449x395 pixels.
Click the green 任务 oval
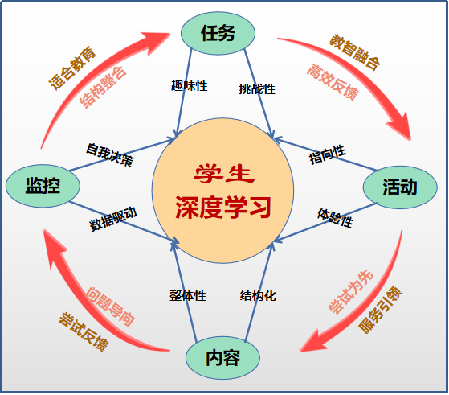pyautogui.click(x=218, y=33)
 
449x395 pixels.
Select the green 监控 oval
pyautogui.click(x=43, y=186)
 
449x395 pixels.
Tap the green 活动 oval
pyautogui.click(x=400, y=187)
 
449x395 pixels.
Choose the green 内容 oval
pyautogui.click(x=222, y=358)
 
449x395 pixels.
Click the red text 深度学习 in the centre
pyautogui.click(x=223, y=207)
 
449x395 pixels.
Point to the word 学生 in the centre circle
pyautogui.click(x=224, y=174)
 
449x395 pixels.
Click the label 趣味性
pyautogui.click(x=189, y=86)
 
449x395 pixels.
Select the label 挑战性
pyautogui.click(x=257, y=89)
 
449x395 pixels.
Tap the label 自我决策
pyautogui.click(x=110, y=155)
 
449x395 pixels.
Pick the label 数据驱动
pyautogui.click(x=113, y=219)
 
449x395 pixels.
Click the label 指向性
pyautogui.click(x=327, y=154)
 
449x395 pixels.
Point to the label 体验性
pyautogui.click(x=335, y=218)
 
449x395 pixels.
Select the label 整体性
pyautogui.click(x=188, y=295)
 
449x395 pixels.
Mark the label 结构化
pyautogui.click(x=258, y=295)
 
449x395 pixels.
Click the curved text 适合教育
pyautogui.click(x=72, y=68)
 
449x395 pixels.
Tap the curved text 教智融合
pyautogui.click(x=355, y=52)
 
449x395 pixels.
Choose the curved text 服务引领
pyautogui.click(x=381, y=309)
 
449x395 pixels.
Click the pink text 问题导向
pyautogui.click(x=111, y=307)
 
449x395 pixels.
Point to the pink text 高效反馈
pyautogui.click(x=333, y=82)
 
